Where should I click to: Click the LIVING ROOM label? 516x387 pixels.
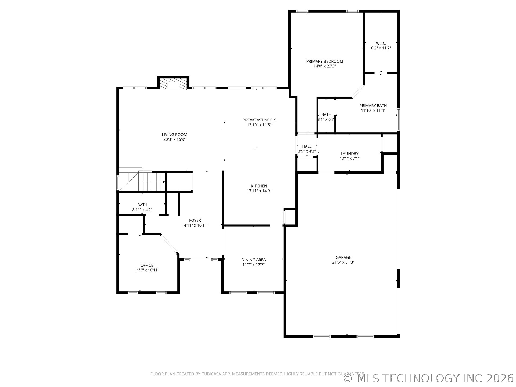click(174, 135)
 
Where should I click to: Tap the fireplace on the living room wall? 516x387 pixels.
click(173, 83)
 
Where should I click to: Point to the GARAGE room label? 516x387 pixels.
click(343, 257)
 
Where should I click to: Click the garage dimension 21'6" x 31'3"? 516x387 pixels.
click(343, 262)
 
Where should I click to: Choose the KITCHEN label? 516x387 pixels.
click(259, 186)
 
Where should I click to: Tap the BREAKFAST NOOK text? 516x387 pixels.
click(259, 120)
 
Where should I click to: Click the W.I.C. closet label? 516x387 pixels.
click(381, 43)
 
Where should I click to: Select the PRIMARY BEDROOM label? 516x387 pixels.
click(325, 61)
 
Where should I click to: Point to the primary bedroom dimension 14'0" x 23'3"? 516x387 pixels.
click(325, 66)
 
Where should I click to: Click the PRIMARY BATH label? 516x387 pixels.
click(373, 106)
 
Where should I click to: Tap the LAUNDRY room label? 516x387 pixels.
click(349, 154)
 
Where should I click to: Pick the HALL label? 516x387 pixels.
click(307, 146)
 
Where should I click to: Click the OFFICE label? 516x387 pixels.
click(147, 265)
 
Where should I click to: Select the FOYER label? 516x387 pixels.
click(195, 220)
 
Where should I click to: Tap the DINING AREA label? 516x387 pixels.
click(253, 260)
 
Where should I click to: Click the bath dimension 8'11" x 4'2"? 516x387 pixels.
click(142, 210)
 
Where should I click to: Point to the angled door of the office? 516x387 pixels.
click(169, 243)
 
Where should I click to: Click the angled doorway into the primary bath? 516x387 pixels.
click(358, 91)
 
